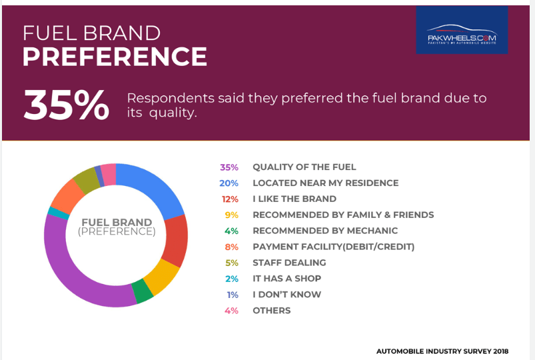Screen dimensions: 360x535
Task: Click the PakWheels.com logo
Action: click(462, 30)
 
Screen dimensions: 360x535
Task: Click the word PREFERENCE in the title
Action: click(115, 57)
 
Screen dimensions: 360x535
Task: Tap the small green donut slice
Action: click(142, 291)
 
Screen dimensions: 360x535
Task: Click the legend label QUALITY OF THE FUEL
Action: click(304, 167)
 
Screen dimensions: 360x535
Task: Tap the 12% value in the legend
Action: click(229, 199)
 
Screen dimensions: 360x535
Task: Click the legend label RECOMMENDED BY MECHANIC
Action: click(324, 231)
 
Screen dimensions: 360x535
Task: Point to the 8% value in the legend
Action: click(231, 247)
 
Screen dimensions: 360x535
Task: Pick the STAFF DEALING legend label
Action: click(289, 263)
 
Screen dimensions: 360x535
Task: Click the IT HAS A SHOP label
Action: click(286, 279)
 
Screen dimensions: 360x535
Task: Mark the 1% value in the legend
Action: click(232, 295)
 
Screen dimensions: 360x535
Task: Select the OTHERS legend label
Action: click(271, 311)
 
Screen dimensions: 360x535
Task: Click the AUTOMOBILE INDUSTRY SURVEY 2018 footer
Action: click(442, 351)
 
